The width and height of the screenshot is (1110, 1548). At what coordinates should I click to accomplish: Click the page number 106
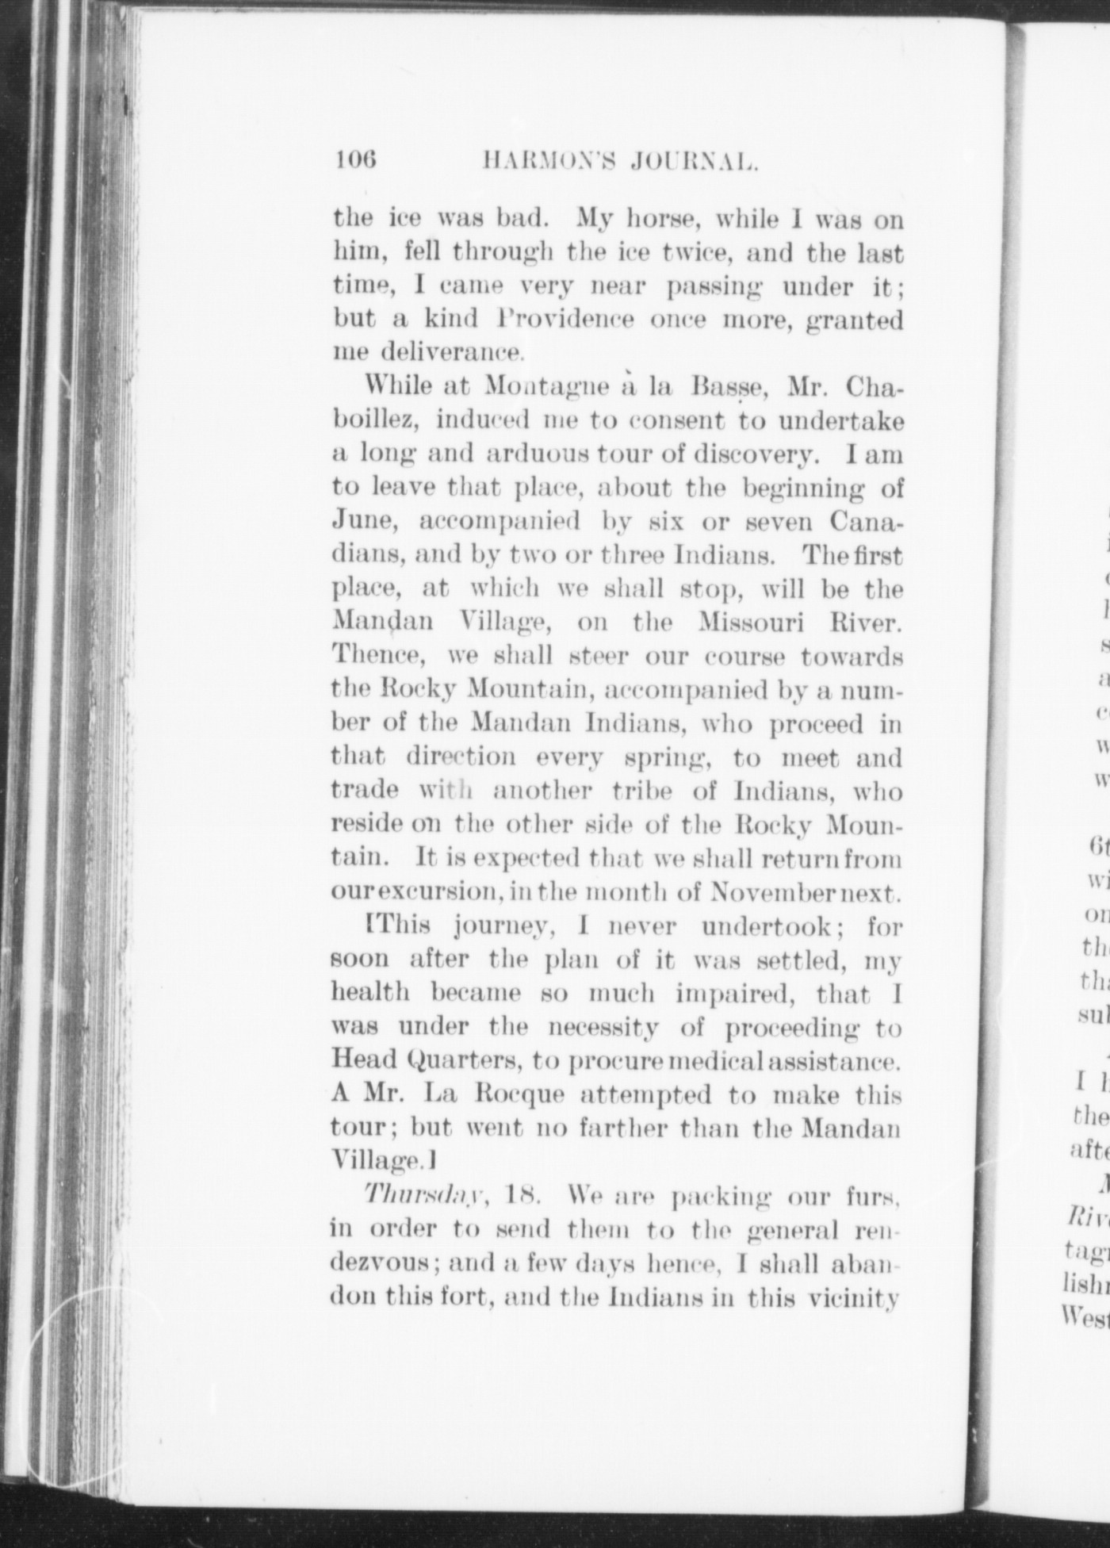354,161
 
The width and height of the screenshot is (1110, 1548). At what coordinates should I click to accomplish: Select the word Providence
565,320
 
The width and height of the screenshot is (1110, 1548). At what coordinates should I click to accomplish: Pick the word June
361,523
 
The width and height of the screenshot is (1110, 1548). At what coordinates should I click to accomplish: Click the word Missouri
752,623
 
